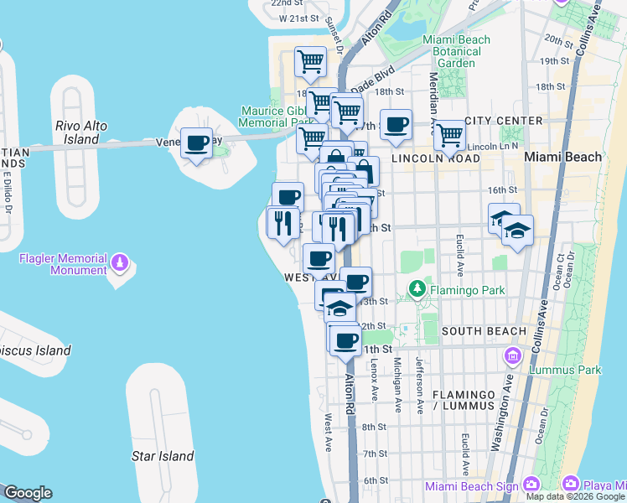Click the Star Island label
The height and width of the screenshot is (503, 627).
pyautogui.click(x=163, y=457)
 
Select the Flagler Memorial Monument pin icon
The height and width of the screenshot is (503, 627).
pyautogui.click(x=121, y=264)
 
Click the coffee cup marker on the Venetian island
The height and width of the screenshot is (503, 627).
pyautogui.click(x=196, y=144)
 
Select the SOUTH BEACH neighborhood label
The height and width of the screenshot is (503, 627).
pyautogui.click(x=484, y=331)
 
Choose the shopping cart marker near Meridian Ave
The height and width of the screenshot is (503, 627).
pyautogui.click(x=450, y=134)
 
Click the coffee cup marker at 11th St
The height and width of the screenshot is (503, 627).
pyautogui.click(x=345, y=341)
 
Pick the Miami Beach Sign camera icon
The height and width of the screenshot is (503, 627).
pyautogui.click(x=531, y=484)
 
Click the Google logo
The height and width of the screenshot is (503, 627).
pyautogui.click(x=28, y=493)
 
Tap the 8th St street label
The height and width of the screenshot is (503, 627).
pyautogui.click(x=374, y=428)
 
